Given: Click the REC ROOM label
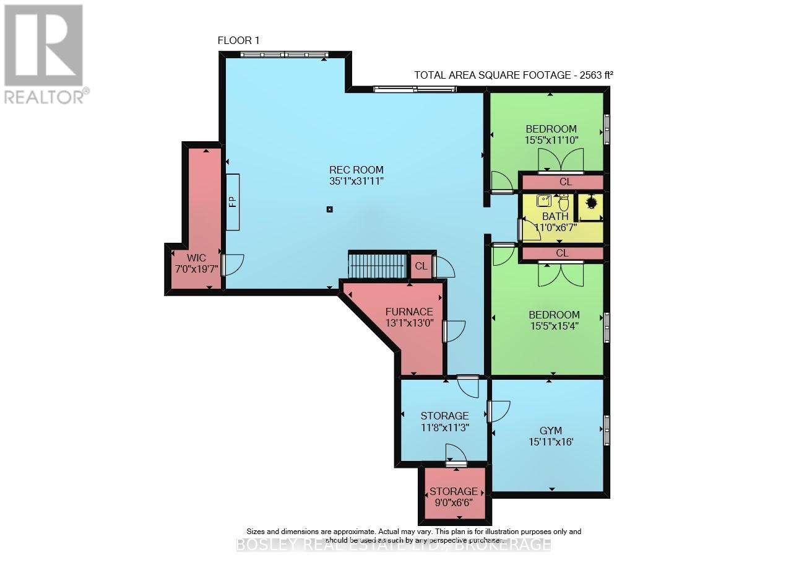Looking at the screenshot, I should (356, 170).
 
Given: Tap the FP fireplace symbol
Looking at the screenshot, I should (233, 202).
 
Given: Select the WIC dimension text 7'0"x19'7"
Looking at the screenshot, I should (197, 268).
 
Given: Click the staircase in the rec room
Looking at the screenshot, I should (377, 266).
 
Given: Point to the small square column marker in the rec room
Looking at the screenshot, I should (329, 209).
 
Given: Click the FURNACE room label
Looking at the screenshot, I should (408, 312).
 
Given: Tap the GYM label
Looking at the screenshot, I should (551, 431).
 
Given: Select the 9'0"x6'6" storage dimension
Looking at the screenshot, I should (454, 502).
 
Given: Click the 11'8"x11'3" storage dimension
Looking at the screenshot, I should (444, 427).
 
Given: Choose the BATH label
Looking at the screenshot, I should (555, 216).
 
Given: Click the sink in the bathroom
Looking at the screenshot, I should (544, 200).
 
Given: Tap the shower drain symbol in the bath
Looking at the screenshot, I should (591, 202).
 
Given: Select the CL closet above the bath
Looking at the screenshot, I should (564, 182).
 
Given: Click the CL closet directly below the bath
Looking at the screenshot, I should (562, 253).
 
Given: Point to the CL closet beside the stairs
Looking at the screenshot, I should (421, 266).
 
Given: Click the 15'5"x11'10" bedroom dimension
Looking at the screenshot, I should (551, 140).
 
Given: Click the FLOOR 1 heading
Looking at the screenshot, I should (238, 40).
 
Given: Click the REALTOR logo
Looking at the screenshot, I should (44, 54).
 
